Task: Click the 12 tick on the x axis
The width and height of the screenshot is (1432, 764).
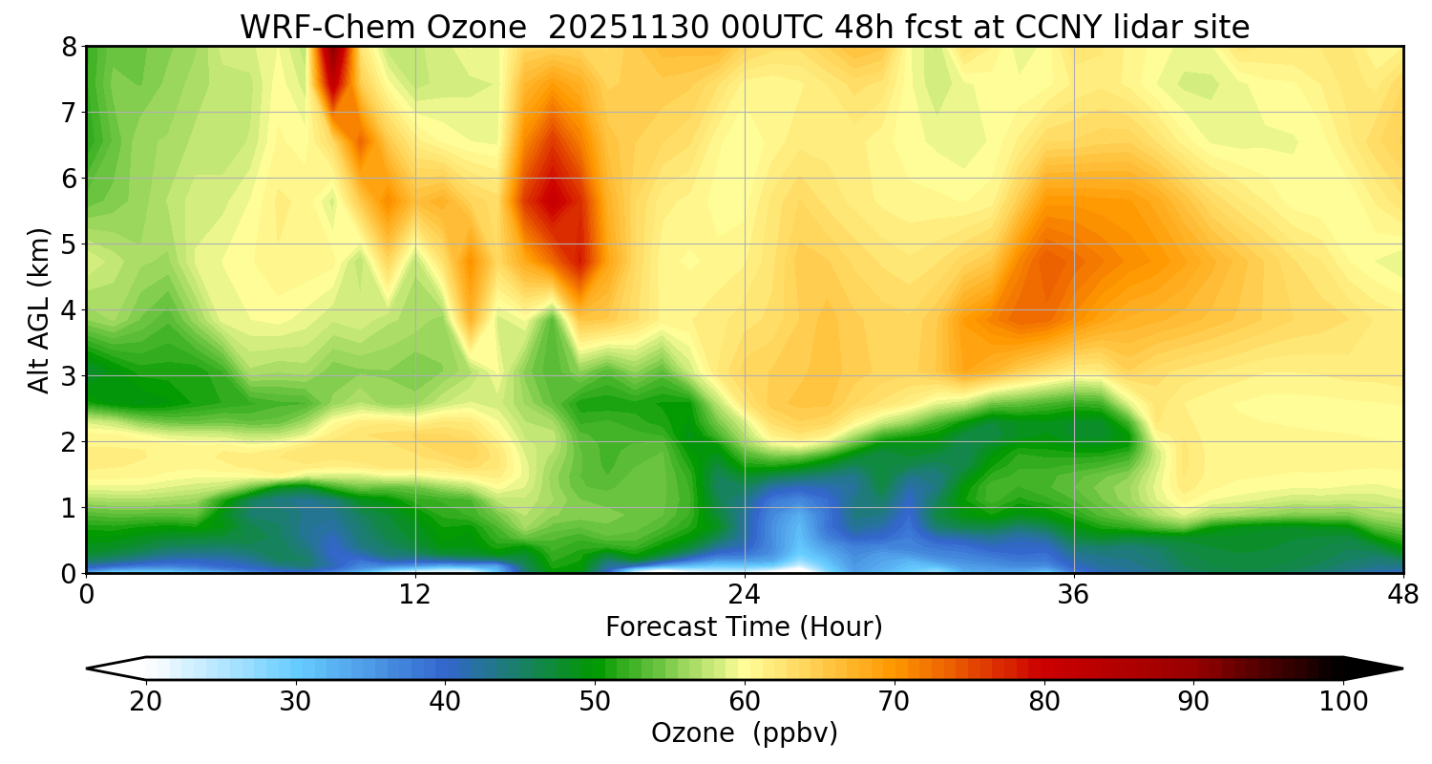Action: tap(415, 594)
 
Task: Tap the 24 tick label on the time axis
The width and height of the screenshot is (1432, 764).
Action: tap(745, 594)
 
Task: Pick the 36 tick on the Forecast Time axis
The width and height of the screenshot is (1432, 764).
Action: tap(1074, 594)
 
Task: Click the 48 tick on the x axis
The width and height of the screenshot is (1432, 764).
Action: tap(1402, 594)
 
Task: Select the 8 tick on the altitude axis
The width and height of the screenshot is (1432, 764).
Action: tap(68, 47)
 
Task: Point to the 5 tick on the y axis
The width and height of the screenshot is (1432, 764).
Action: tap(68, 244)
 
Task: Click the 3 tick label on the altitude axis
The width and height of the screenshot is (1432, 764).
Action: tap(68, 376)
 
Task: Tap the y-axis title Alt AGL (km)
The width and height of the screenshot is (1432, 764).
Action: tap(39, 309)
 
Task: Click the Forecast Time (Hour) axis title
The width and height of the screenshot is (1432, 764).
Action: tap(745, 627)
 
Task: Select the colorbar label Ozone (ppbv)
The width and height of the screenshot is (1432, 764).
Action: tap(745, 733)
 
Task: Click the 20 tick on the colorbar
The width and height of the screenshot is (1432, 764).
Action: tap(146, 702)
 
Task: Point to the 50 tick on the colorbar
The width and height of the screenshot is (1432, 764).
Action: tap(595, 702)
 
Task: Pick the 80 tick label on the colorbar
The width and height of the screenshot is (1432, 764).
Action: tap(1044, 702)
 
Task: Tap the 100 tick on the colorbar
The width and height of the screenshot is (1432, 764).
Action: tap(1342, 702)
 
